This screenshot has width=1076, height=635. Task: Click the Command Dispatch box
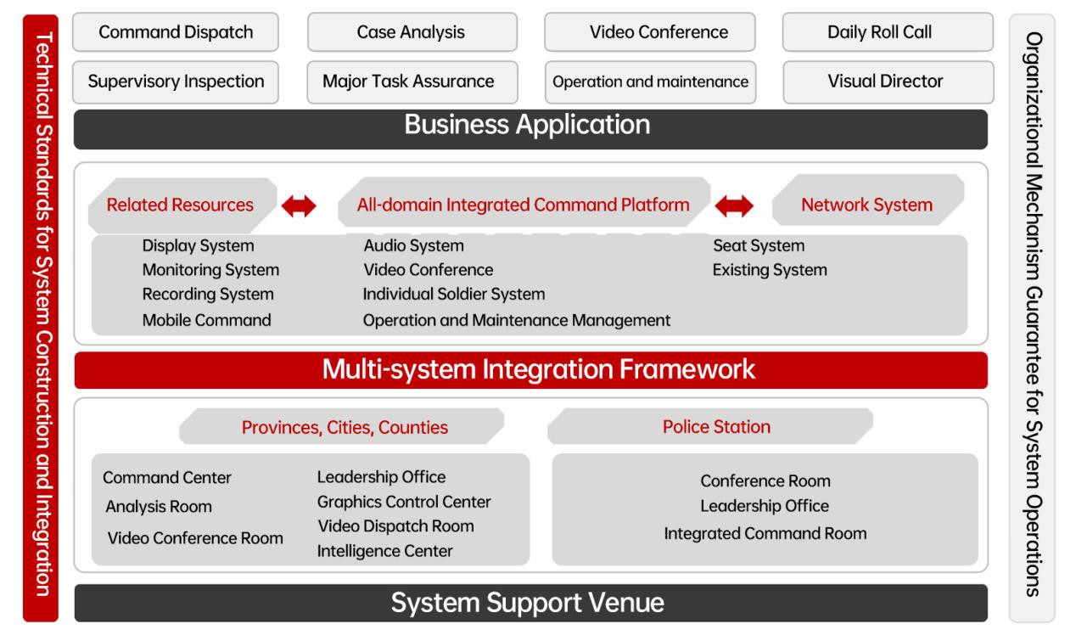(x=176, y=32)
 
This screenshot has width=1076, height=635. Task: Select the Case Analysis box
(x=411, y=32)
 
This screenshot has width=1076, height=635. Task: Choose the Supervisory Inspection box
(x=176, y=81)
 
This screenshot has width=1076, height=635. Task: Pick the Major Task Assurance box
(x=411, y=81)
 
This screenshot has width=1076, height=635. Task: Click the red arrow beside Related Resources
(x=299, y=205)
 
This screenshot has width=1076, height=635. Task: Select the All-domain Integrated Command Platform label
(x=523, y=205)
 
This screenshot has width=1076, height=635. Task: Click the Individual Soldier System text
(x=454, y=295)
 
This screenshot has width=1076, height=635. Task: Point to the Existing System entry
(x=770, y=271)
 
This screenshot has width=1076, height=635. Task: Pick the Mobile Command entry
(x=206, y=320)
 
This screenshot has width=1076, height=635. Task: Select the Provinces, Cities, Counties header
(x=345, y=427)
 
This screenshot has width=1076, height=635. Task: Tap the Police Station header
(x=716, y=426)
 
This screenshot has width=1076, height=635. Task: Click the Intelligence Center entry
(x=384, y=551)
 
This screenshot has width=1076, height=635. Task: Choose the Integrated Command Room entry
(x=765, y=534)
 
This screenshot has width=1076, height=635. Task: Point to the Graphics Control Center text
(x=404, y=502)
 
